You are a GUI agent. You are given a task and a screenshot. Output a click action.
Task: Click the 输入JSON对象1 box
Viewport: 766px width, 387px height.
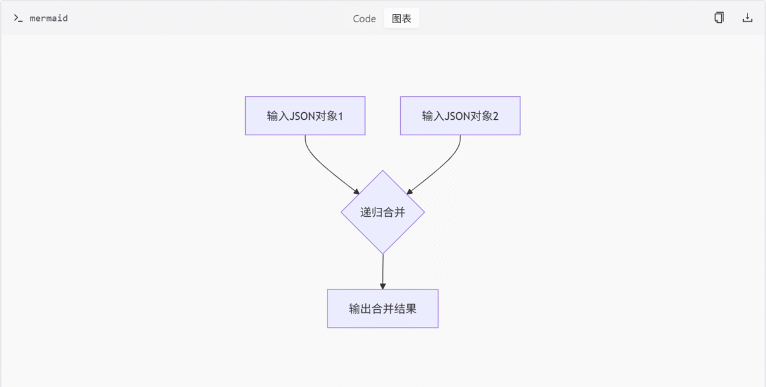point(305,115)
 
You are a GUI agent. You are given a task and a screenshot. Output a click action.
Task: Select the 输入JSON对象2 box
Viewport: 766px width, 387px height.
point(460,115)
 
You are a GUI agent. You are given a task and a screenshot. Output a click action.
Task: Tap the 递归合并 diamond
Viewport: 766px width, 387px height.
point(382,212)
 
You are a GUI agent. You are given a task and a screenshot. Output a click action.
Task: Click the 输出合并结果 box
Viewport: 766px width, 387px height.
point(382,309)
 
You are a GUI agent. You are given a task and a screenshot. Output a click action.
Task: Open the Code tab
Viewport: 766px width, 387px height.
point(364,18)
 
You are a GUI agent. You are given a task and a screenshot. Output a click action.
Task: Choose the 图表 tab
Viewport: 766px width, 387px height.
point(402,18)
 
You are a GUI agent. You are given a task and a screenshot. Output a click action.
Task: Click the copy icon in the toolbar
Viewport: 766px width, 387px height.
point(719,18)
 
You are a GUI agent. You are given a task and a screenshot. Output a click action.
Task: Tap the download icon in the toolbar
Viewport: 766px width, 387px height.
point(747,18)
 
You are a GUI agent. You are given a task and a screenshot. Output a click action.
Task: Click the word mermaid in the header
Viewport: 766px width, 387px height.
point(49,18)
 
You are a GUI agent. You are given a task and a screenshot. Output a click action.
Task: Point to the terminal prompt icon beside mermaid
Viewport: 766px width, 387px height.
point(18,18)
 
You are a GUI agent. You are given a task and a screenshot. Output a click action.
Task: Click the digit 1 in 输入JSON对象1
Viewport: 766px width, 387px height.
point(340,116)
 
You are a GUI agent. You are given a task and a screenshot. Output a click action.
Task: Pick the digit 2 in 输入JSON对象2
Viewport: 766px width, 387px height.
point(495,116)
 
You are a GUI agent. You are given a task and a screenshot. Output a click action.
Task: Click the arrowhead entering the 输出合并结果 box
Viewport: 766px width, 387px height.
point(382,286)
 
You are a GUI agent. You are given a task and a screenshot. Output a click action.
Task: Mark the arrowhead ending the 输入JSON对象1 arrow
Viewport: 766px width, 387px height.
point(356,191)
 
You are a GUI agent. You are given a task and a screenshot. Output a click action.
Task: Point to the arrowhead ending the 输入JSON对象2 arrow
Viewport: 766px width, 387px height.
point(410,191)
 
